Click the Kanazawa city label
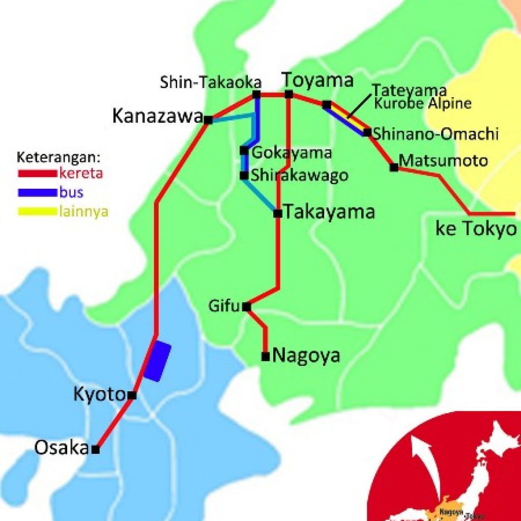(x=157, y=117)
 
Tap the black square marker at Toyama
(x=288, y=94)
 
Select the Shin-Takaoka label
(x=211, y=82)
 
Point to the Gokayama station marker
(x=244, y=151)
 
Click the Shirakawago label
(x=300, y=176)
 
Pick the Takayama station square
(x=277, y=214)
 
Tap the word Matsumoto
(x=443, y=161)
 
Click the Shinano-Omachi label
(x=435, y=134)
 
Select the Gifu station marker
(x=246, y=307)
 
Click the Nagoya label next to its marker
(x=306, y=355)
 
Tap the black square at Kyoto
(x=132, y=395)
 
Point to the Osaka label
(x=62, y=448)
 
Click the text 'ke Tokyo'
(x=476, y=229)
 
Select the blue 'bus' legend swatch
(x=37, y=193)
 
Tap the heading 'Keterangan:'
(x=59, y=156)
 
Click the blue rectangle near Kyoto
(x=157, y=361)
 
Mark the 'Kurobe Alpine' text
(x=422, y=104)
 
